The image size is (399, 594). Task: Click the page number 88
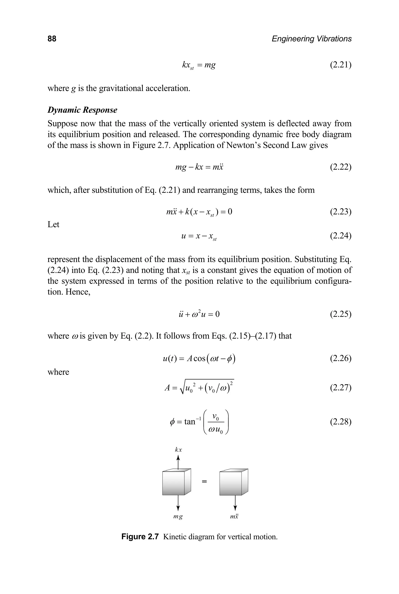coord(52,39)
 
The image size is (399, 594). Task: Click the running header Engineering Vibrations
coord(312,39)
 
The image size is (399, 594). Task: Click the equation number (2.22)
coord(341,167)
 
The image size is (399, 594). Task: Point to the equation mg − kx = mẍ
coord(199,167)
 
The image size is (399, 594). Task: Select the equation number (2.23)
coord(341,212)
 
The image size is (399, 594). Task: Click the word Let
coord(53,224)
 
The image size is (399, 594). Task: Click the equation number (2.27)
coord(341,387)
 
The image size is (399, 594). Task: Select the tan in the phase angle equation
coord(190,422)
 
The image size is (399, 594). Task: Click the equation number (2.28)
coord(341,422)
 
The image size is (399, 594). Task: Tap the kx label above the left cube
coord(178,450)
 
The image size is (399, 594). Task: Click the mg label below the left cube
coord(178,517)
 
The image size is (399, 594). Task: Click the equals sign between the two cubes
coord(204,481)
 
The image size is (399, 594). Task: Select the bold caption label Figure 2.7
coord(140,537)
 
